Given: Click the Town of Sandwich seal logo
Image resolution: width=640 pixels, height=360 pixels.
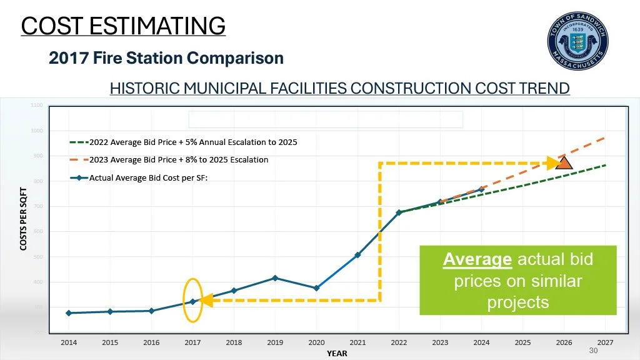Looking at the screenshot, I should pos(578,40).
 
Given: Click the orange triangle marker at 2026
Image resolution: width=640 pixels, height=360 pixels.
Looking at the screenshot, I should pos(564,163).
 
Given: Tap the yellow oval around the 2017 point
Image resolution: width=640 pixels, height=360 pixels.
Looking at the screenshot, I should pos(192,300).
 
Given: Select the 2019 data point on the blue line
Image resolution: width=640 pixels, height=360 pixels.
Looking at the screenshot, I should pos(275,278).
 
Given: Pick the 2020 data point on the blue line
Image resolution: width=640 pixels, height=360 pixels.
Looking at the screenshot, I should pos(316,288).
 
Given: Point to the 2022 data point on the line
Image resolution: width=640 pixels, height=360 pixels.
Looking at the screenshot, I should pos(399,212).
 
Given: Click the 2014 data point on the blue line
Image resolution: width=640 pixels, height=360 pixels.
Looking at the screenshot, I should pos(69,313).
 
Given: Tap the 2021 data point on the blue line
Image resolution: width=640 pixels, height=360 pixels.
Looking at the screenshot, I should pos(357,255).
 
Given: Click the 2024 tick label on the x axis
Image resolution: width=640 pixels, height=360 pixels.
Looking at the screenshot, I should pos(481,343).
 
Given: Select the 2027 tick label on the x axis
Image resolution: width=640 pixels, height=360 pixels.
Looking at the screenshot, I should pos(605,343).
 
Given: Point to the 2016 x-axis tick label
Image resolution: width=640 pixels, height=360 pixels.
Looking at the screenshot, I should pos(151,343).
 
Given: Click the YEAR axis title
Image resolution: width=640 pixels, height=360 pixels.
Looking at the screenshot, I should pos(337,354).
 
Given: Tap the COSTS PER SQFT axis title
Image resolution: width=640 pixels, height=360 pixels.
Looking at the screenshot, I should pos(23,219).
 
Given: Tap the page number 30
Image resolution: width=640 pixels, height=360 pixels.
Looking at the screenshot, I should pos(594,352).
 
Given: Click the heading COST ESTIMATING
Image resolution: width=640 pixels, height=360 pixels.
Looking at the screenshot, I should pos(123,26).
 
